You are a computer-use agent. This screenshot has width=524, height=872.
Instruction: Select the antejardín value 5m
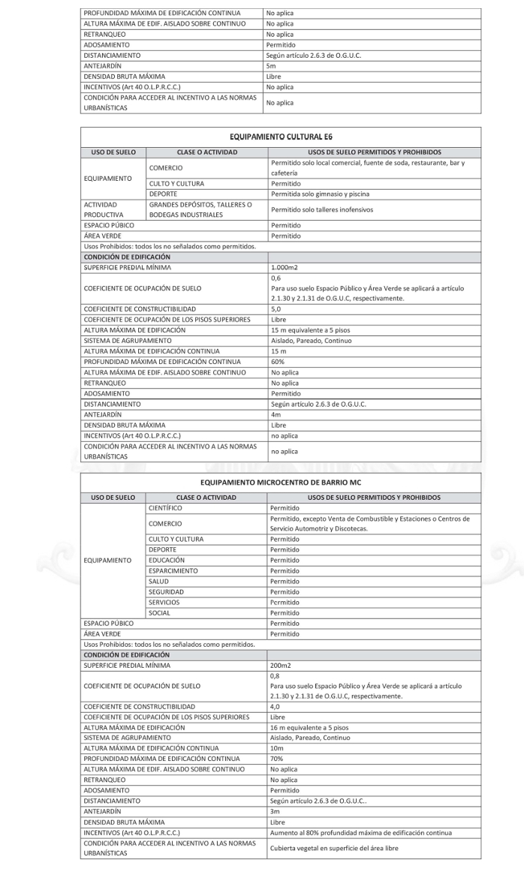pyautogui.click(x=271, y=65)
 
